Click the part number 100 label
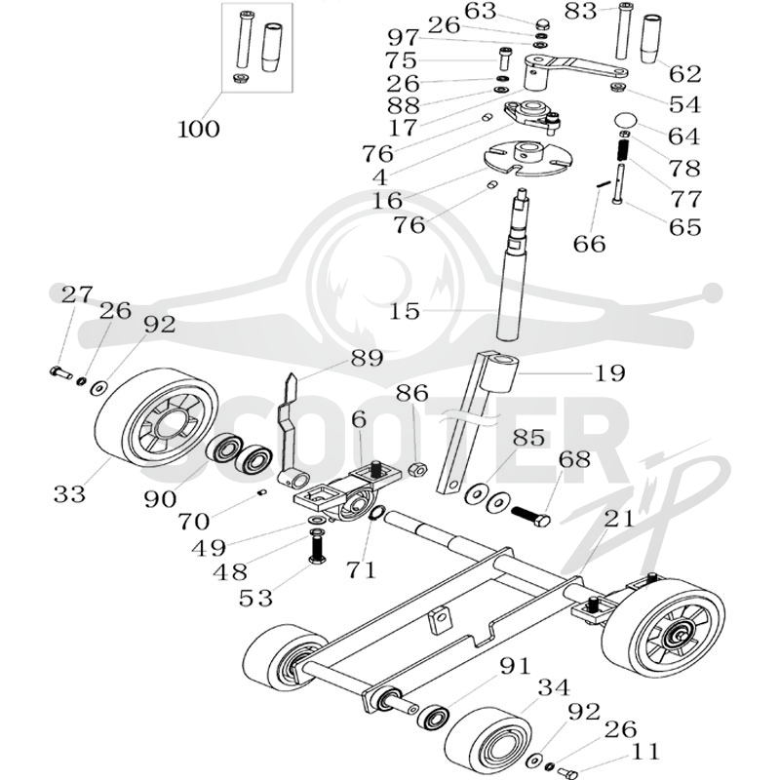click(x=199, y=130)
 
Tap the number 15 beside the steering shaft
click(x=405, y=311)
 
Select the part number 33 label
click(x=69, y=494)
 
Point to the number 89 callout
click(x=368, y=358)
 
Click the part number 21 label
click(x=620, y=519)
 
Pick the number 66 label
click(x=590, y=244)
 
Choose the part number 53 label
click(x=256, y=599)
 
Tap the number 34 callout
click(x=554, y=688)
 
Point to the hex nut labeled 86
click(x=418, y=469)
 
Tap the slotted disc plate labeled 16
click(x=528, y=160)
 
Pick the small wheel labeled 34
click(x=487, y=742)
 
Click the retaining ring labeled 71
click(x=378, y=512)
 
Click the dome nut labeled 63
click(x=541, y=24)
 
